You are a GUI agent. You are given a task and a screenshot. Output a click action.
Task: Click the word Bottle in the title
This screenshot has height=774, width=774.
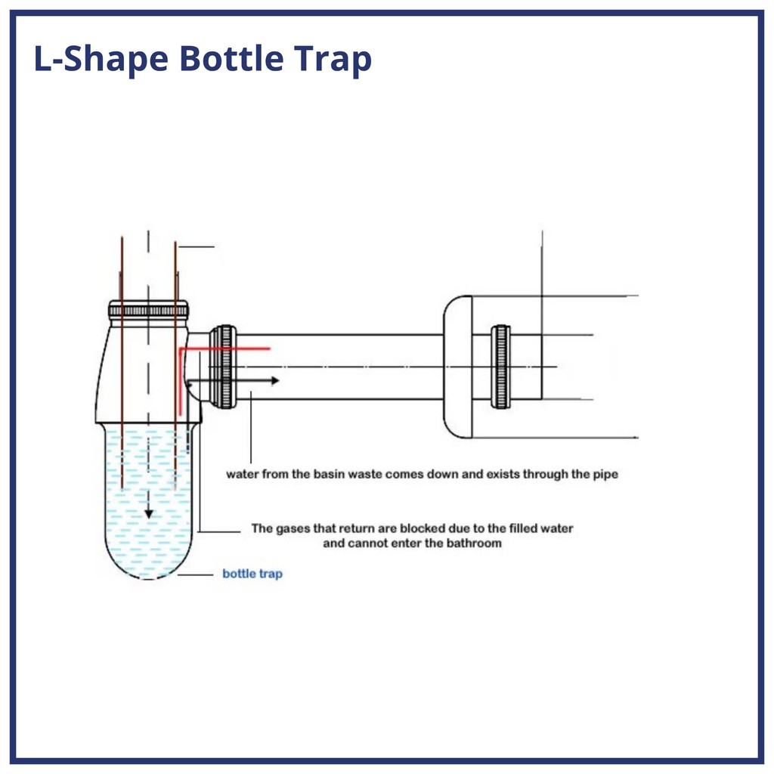pyautogui.click(x=231, y=58)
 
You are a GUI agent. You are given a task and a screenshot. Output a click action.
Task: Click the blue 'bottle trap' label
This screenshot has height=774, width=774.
pyautogui.click(x=252, y=574)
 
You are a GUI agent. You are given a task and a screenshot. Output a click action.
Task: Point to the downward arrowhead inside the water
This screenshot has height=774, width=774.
pyautogui.click(x=149, y=514)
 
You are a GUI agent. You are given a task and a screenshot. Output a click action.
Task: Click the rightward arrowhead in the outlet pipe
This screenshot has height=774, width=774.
pyautogui.click(x=275, y=381)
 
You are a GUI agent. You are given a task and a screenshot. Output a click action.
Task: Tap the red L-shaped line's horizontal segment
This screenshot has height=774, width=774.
pyautogui.click(x=225, y=349)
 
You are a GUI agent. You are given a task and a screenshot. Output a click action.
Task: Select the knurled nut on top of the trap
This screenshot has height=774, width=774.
pyautogui.click(x=148, y=311)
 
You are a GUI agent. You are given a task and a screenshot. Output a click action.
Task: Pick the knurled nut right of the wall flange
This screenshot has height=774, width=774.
pyautogui.click(x=500, y=367)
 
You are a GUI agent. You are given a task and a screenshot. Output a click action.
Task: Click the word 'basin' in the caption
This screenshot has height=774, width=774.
pyautogui.click(x=330, y=475)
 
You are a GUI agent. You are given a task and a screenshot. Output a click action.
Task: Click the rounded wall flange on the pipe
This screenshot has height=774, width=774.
pyautogui.click(x=457, y=367)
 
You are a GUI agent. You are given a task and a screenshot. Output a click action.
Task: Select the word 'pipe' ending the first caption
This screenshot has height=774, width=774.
pyautogui.click(x=605, y=475)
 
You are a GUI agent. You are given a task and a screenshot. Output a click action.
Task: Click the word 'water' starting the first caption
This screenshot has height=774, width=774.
pyautogui.click(x=243, y=475)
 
